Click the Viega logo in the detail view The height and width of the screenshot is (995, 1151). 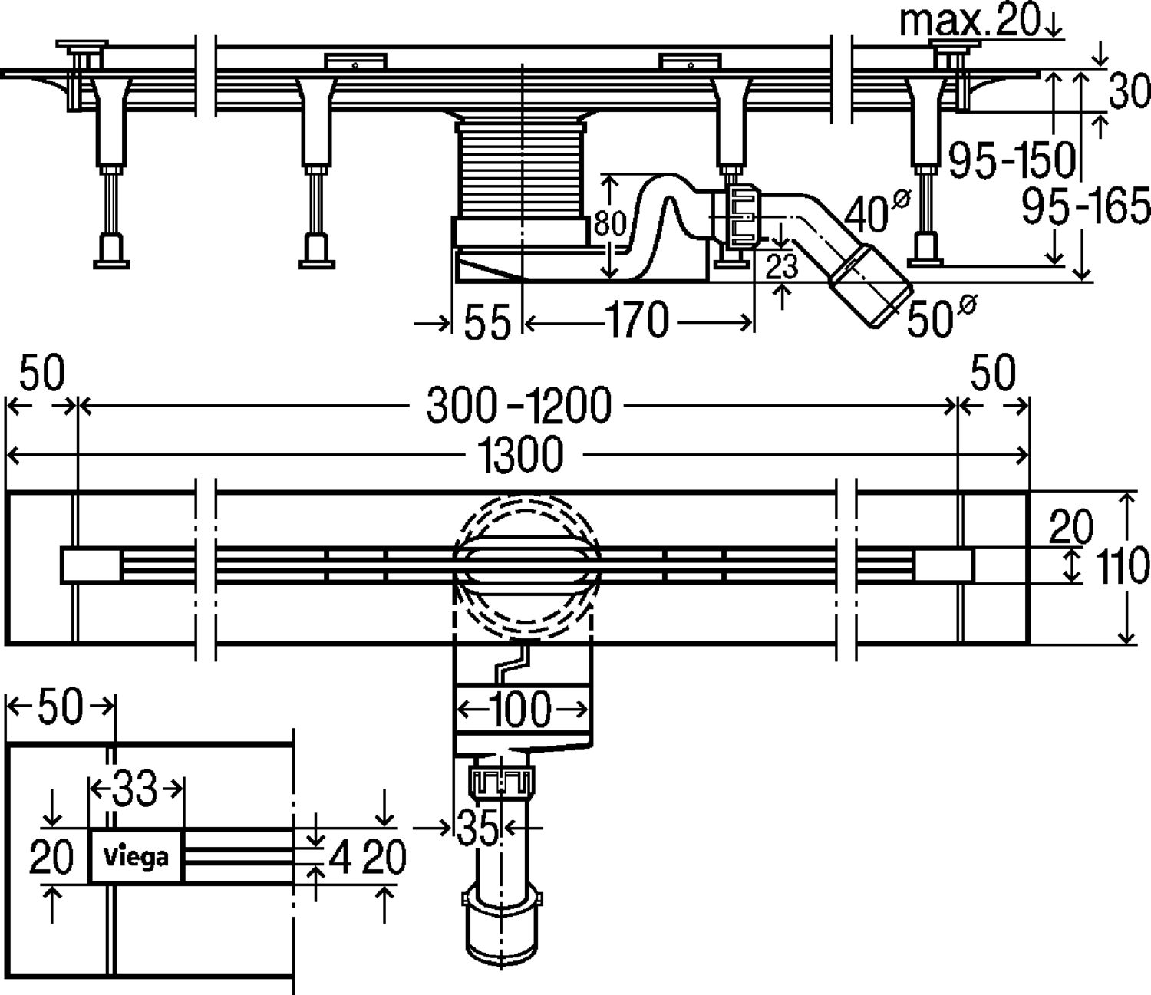[x=136, y=856]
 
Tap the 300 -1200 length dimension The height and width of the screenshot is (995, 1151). [x=519, y=405]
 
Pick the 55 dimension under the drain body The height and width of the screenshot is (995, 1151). [x=487, y=322]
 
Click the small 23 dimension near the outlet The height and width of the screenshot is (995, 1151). [x=782, y=267]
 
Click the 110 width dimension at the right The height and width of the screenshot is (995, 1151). [x=1127, y=566]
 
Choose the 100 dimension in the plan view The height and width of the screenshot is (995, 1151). [x=522, y=709]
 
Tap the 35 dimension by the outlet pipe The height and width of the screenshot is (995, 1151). [x=477, y=828]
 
